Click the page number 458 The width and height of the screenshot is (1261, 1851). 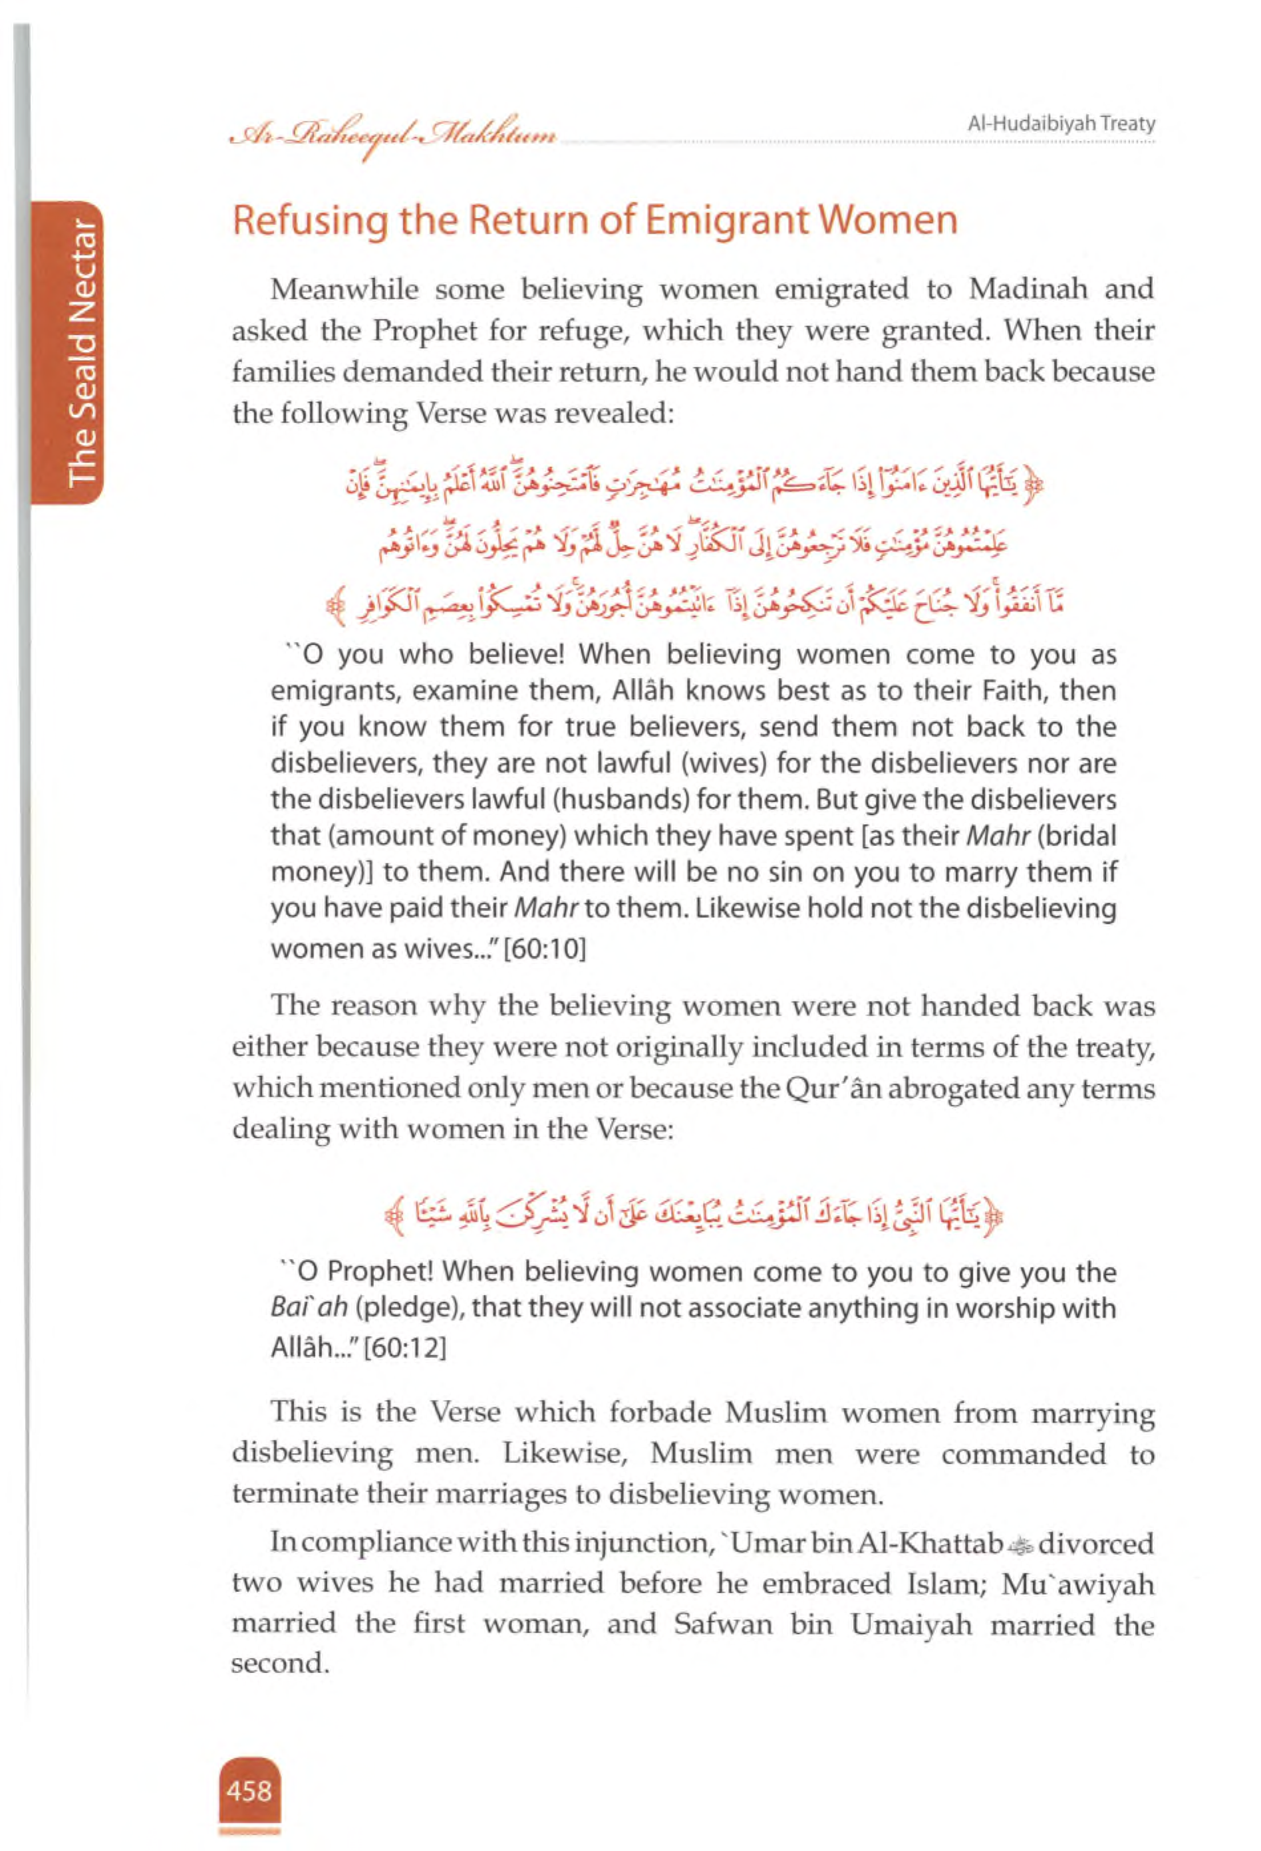coord(249,1791)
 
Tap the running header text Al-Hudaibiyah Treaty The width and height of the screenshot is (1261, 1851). coord(1061,124)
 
